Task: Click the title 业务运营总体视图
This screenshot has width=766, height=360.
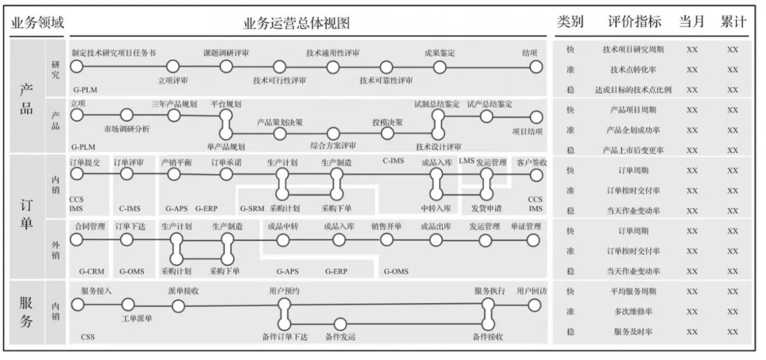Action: point(297,23)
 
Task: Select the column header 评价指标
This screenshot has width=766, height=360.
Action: point(634,22)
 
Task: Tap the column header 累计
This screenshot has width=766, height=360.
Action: point(733,22)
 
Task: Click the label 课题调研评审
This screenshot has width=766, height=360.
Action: point(226,53)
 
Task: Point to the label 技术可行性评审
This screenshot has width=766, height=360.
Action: point(279,80)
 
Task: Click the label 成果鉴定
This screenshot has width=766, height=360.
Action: point(439,53)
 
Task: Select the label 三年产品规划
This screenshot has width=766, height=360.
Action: point(174,104)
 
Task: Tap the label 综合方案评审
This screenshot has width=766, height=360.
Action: point(333,146)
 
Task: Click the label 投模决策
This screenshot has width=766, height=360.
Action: point(387,123)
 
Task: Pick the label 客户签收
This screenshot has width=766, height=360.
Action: point(532,162)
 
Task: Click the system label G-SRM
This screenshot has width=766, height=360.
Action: point(252,208)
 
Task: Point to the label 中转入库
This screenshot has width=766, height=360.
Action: point(436,208)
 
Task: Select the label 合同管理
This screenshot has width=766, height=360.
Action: point(90,227)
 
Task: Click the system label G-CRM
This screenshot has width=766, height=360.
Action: point(92,271)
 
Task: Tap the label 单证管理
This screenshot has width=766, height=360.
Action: point(526,227)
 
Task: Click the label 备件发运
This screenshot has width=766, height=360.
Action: point(340,337)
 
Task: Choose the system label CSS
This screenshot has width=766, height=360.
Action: point(88,337)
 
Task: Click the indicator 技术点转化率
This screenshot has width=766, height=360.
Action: point(633,69)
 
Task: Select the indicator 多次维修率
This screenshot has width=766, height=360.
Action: point(633,312)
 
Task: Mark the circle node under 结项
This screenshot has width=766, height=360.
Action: point(536,67)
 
